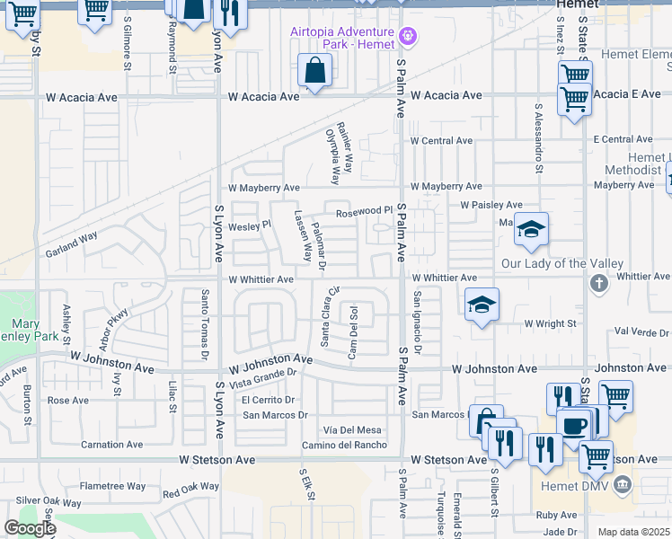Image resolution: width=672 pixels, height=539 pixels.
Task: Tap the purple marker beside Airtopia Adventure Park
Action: (409, 36)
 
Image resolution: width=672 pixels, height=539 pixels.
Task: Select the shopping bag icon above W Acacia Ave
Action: (315, 70)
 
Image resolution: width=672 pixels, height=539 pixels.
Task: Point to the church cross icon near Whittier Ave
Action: (598, 284)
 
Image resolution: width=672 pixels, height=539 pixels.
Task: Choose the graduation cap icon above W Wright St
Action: (482, 305)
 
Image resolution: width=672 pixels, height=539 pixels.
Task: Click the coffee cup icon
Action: (573, 424)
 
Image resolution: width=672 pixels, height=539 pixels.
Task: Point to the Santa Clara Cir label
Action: (329, 315)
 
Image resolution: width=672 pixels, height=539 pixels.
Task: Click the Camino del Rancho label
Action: (344, 445)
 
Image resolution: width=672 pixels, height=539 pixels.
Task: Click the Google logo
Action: (30, 528)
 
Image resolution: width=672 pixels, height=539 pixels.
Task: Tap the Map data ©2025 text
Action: (634, 532)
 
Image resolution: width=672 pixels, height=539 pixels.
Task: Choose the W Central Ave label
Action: (441, 141)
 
